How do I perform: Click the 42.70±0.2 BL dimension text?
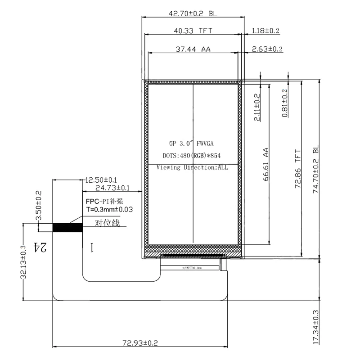193,14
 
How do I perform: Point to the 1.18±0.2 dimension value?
266,31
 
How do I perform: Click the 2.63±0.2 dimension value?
267,49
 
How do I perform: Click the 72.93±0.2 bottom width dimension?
140,343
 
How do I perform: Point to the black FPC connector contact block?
68,227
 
